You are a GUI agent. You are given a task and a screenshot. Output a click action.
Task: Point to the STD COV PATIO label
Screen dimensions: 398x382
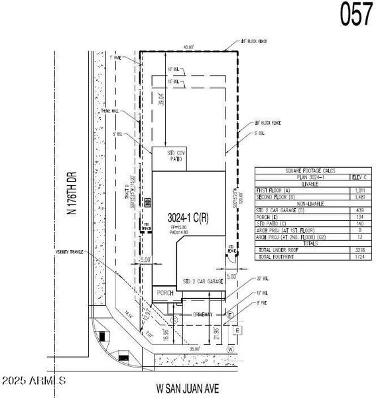coord(174,156)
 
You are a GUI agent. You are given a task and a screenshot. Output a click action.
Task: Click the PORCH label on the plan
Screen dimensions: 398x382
coord(164,292)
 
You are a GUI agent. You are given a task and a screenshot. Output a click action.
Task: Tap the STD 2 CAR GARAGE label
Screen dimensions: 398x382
coord(203,282)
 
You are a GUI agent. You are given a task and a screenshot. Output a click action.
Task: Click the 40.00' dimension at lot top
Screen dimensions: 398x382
coord(189,47)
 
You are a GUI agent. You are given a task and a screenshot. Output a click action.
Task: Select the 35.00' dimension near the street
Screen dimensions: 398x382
coord(194,347)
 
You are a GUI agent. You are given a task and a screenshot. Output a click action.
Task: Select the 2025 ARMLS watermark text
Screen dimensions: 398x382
coord(33,381)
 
